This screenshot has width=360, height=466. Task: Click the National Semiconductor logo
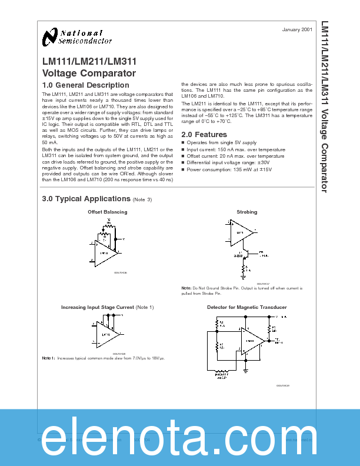pyautogui.click(x=77, y=37)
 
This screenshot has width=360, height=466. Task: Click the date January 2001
pyautogui.click(x=298, y=29)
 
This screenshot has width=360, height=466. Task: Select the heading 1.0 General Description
pyautogui.click(x=86, y=85)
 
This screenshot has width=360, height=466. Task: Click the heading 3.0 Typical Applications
pyautogui.click(x=86, y=199)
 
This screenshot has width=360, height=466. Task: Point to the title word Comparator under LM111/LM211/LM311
pyautogui.click(x=111, y=74)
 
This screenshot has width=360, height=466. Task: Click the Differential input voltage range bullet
pyautogui.click(x=225, y=162)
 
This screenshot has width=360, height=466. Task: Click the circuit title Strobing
pyautogui.click(x=246, y=212)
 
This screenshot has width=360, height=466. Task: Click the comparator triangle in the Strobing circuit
pyautogui.click(x=241, y=232)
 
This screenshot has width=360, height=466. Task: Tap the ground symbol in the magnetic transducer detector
pyautogui.click(x=244, y=371)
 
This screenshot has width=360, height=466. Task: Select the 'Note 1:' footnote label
pyautogui.click(x=48, y=358)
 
